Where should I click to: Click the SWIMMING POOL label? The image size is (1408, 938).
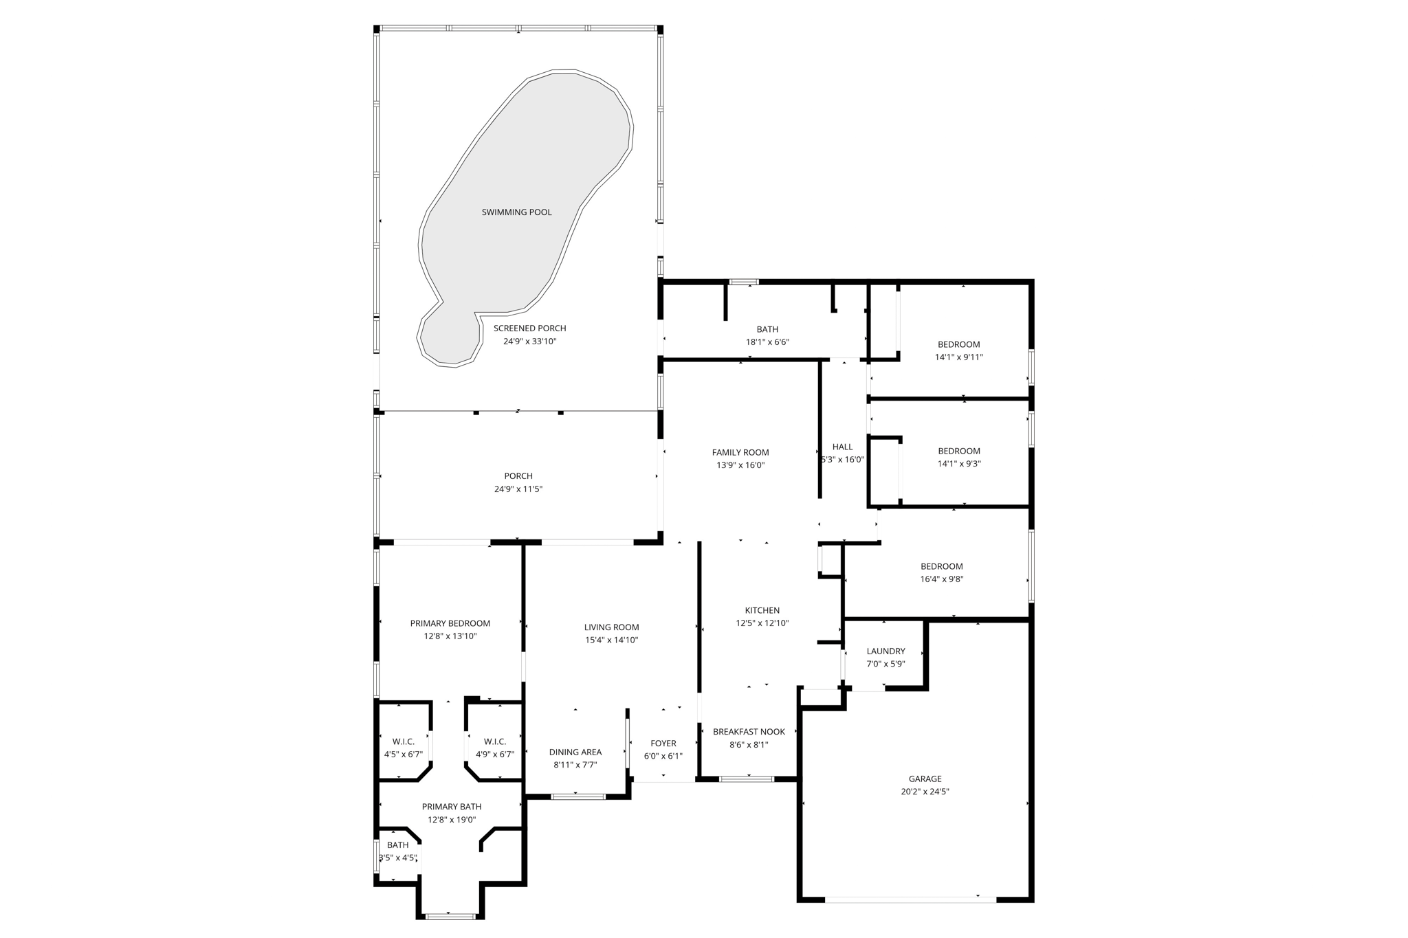click(x=516, y=212)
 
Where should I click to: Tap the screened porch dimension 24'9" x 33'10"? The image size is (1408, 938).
click(x=529, y=342)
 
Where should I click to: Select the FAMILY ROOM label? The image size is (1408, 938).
click(x=740, y=452)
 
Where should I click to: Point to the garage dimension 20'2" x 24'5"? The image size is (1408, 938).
click(x=925, y=792)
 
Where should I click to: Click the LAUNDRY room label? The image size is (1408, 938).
click(x=885, y=651)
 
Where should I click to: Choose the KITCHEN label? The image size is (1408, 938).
click(x=762, y=610)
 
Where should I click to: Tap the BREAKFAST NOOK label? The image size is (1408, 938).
click(x=749, y=732)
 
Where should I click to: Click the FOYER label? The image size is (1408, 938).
click(x=663, y=744)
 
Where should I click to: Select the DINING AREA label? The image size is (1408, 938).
click(x=575, y=752)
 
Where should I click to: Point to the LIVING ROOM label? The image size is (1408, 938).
click(x=611, y=627)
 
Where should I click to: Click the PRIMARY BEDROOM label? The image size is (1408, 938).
click(x=450, y=624)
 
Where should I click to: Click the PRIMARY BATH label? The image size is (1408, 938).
click(x=452, y=807)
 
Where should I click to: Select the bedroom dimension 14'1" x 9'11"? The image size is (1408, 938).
click(x=958, y=357)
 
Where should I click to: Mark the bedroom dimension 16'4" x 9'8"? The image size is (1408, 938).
click(x=942, y=579)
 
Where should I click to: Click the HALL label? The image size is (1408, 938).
click(x=842, y=447)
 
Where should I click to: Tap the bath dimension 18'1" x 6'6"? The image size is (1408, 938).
click(x=767, y=342)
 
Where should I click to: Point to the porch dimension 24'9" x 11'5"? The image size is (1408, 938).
click(x=518, y=489)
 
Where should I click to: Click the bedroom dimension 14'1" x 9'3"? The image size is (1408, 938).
click(x=958, y=464)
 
